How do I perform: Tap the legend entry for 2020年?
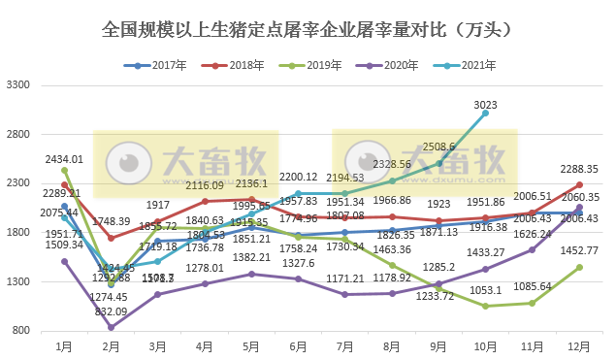point(389,66)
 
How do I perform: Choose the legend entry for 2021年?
point(467,66)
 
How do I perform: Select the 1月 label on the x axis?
point(64,345)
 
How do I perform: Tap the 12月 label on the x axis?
point(579,345)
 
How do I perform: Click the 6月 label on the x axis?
point(298,345)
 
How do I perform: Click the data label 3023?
point(486,104)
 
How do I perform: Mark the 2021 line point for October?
point(486,114)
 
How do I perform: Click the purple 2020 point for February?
point(112,328)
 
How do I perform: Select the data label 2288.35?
point(579,169)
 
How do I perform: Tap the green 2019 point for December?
point(579,267)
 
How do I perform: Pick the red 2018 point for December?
point(579,184)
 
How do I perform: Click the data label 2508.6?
point(439,147)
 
